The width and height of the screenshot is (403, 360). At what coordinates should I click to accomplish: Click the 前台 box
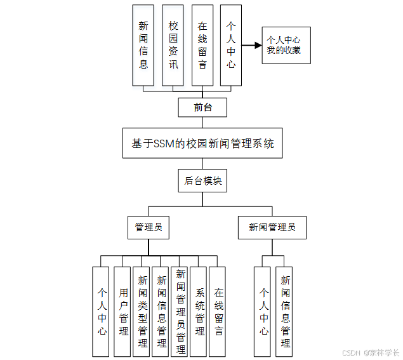pos(202,107)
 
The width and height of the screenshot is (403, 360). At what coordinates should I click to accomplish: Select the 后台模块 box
pos(202,181)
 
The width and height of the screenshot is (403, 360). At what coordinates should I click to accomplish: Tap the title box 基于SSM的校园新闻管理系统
pos(202,143)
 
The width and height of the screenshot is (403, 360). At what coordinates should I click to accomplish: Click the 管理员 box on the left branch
pos(149,227)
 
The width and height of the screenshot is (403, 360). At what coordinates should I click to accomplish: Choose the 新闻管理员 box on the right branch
pos(272,227)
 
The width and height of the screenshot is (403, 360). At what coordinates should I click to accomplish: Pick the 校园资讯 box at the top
pos(173,45)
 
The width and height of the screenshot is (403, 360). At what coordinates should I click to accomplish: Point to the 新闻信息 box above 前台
pos(143,45)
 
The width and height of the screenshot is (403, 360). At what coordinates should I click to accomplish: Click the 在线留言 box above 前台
pos(202,45)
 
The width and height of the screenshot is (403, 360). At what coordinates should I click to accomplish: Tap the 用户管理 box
pos(123,311)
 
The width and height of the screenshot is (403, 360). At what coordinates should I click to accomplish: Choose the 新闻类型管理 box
pos(142,311)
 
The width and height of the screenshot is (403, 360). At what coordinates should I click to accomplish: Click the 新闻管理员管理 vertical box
pos(180,311)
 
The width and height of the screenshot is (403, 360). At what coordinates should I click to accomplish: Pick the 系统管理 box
pos(199,311)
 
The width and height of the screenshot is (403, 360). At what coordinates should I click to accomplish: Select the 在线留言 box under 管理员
pos(218,311)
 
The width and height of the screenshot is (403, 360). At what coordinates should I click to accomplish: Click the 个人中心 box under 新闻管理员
pos(263,311)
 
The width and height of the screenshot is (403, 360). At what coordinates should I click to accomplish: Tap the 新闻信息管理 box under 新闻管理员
pos(285,311)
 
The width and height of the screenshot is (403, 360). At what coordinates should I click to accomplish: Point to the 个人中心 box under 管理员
pos(102,311)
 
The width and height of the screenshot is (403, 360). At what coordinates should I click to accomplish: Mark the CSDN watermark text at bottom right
pos(351,352)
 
